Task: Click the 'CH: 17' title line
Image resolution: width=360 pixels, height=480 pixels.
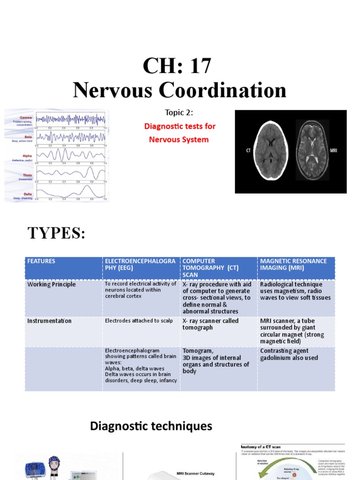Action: coord(180,66)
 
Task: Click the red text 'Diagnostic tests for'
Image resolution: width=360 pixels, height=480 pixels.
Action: coord(180,127)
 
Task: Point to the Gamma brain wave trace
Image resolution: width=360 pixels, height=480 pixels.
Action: coord(70,119)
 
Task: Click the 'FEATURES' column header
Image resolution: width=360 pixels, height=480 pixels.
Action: coord(41,261)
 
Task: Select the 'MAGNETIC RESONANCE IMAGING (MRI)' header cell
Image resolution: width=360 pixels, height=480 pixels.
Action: coord(294,264)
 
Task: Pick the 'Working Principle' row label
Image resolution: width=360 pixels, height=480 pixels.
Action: coord(51,284)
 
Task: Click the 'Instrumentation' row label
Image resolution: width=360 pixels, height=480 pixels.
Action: coord(49,321)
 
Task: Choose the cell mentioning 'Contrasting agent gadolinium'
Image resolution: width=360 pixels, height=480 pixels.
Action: coord(289,354)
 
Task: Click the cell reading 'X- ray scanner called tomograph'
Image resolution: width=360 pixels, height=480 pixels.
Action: coord(210,324)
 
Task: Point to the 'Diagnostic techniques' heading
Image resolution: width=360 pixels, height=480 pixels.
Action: coord(151,426)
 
